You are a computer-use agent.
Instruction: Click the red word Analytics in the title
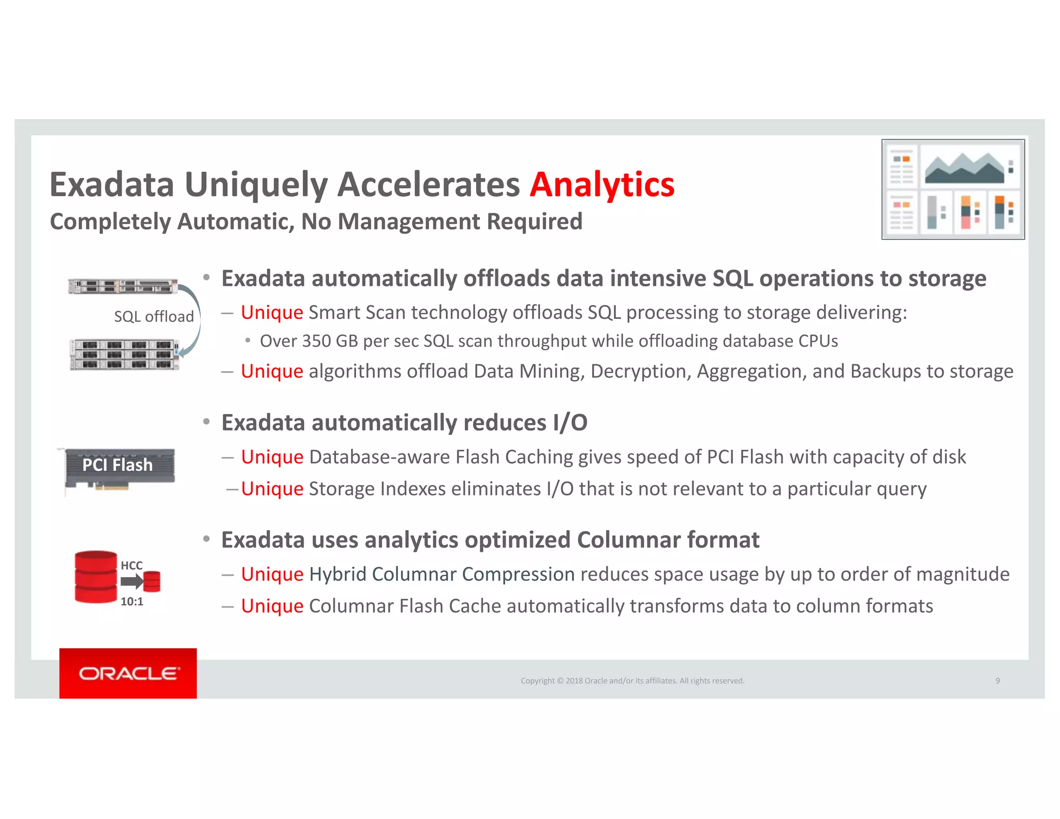pos(602,185)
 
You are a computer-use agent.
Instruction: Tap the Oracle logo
pos(128,673)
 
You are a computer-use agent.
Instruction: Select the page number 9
pos(997,681)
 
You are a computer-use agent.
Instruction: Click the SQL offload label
pos(154,316)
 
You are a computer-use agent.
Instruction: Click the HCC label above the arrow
pos(131,565)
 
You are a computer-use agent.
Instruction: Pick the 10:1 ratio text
pos(131,602)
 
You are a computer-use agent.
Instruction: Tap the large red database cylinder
pos(96,577)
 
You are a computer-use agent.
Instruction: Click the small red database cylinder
pos(152,581)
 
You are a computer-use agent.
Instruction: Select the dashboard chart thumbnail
pos(953,189)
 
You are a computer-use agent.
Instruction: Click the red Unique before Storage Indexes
pos(272,489)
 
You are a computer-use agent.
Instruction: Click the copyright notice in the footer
pos(632,681)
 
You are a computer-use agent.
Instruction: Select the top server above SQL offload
pos(123,286)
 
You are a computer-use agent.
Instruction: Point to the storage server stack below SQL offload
pos(125,355)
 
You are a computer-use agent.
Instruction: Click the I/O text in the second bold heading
pos(570,423)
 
